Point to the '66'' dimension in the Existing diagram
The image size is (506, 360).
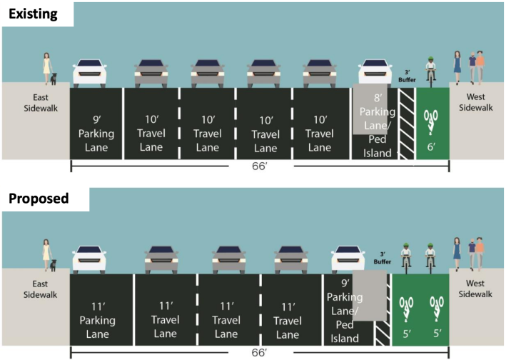point(258,167)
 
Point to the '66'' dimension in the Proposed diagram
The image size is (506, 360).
point(258,352)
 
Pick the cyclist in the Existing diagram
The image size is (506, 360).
point(430,69)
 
